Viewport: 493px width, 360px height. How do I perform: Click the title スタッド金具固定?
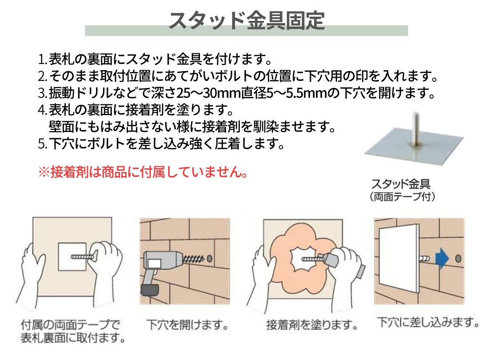click(247, 21)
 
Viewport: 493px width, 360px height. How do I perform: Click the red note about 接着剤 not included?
click(143, 172)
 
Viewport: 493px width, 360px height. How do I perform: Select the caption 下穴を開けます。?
click(187, 325)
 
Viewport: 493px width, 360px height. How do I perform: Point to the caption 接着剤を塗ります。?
click(312, 325)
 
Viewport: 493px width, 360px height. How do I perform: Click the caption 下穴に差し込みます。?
click(428, 322)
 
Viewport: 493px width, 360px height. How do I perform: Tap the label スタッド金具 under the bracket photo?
click(401, 184)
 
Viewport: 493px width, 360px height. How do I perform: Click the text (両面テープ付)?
click(402, 197)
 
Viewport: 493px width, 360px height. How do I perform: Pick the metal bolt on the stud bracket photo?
click(416, 129)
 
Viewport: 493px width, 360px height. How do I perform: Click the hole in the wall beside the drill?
click(210, 259)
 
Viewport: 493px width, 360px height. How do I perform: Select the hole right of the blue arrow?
click(458, 259)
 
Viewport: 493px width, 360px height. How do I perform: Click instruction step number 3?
click(43, 93)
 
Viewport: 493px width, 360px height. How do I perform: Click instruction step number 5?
click(43, 144)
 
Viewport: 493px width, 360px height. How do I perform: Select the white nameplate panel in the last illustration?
click(399, 259)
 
